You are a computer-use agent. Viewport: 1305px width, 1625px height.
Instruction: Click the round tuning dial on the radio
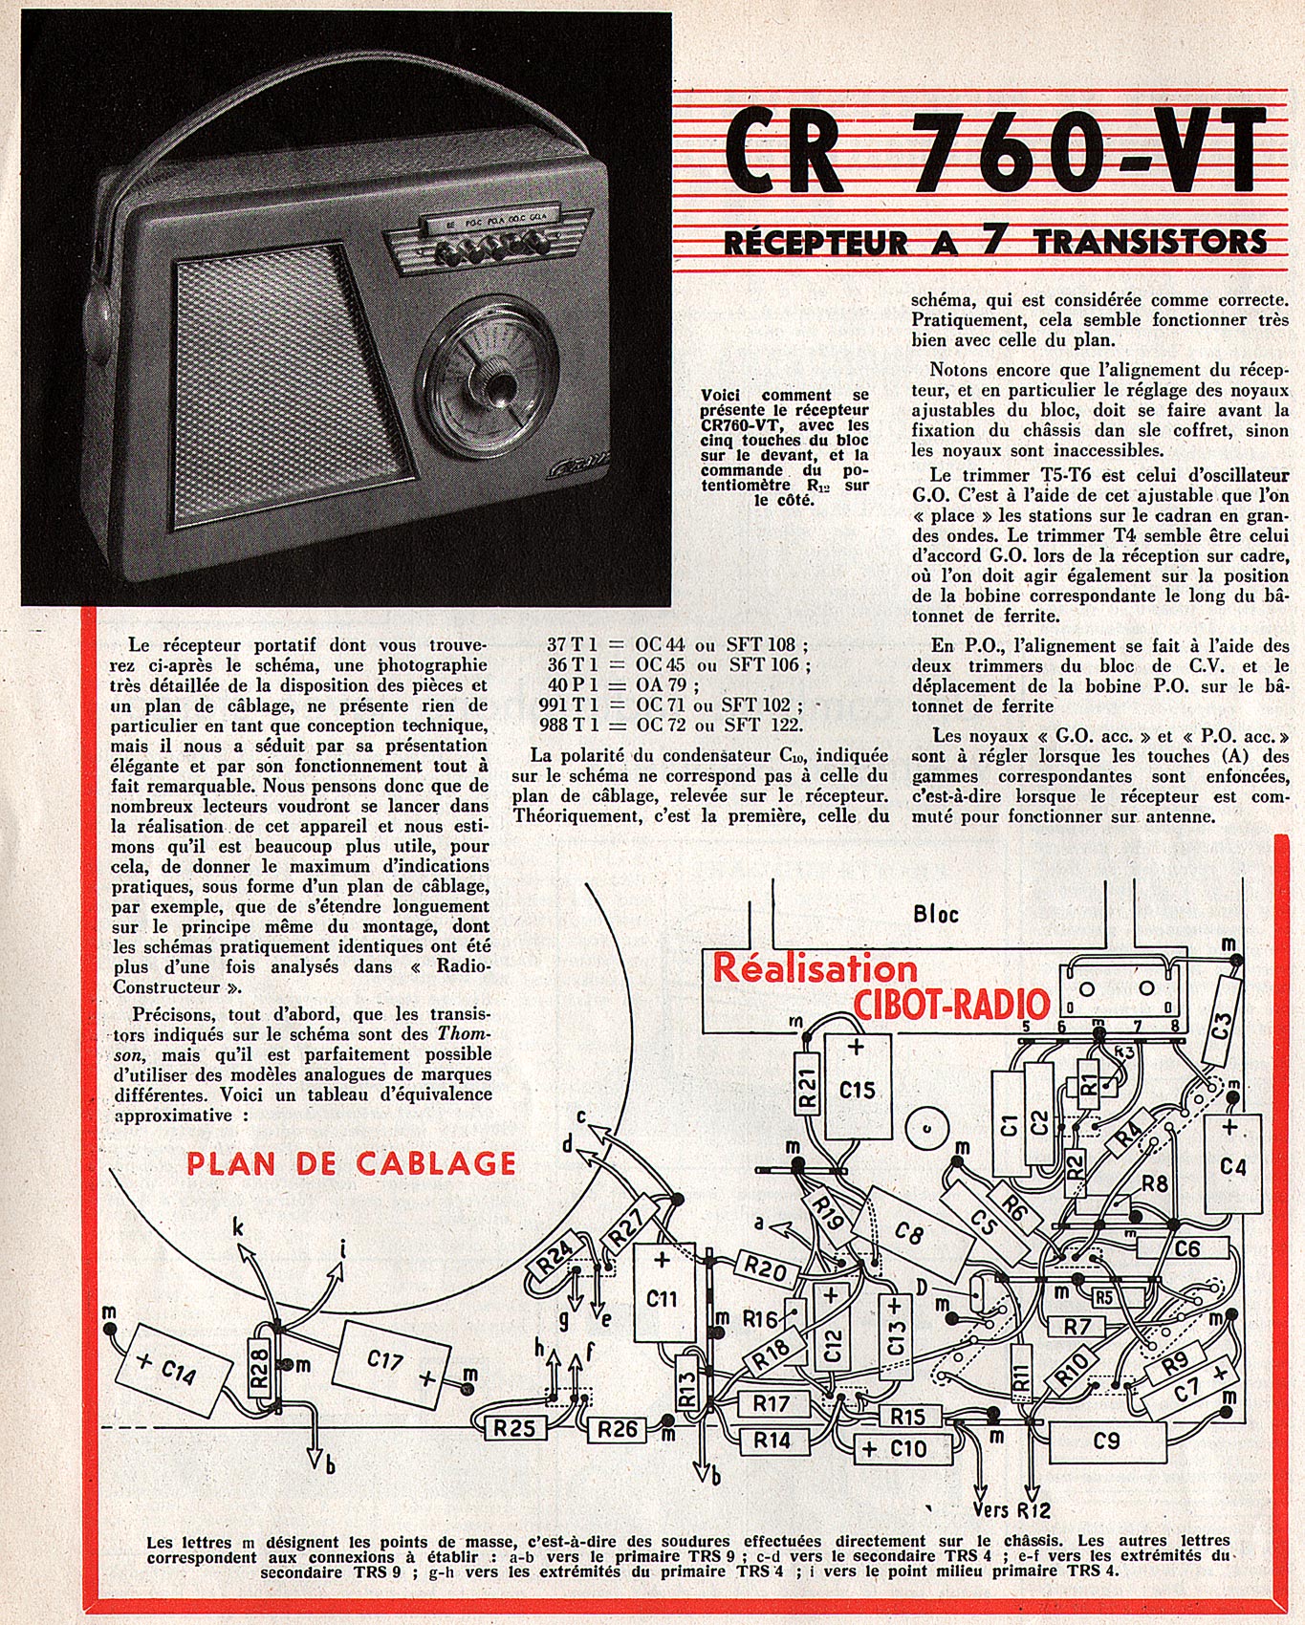pyautogui.click(x=489, y=386)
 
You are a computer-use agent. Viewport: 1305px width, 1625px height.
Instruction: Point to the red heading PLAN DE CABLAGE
pyautogui.click(x=351, y=1163)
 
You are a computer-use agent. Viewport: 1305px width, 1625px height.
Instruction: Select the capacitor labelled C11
pyautogui.click(x=662, y=1297)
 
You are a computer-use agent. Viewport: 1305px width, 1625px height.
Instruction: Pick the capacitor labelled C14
pyautogui.click(x=174, y=1373)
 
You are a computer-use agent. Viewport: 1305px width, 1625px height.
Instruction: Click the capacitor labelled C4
pyautogui.click(x=1232, y=1164)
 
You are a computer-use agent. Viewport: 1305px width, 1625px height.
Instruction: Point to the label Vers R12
pyautogui.click(x=1010, y=1509)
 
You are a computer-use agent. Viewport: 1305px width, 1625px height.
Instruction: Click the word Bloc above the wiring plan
pyautogui.click(x=935, y=913)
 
